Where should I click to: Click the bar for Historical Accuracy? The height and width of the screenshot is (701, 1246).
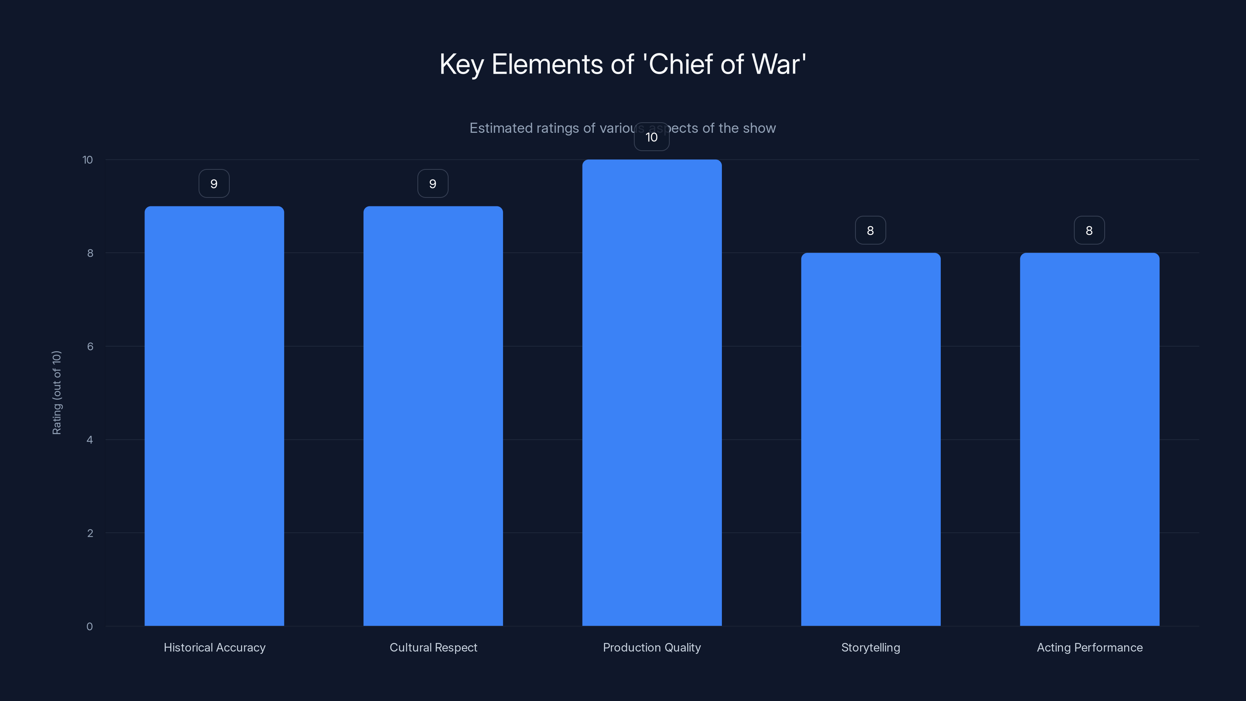pos(214,416)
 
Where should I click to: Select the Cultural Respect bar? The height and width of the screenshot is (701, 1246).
pos(433,416)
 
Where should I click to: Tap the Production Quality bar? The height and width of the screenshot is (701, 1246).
pos(651,392)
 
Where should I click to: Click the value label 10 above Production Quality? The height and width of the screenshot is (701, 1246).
pos(651,137)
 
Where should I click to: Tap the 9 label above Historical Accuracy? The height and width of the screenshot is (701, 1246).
pos(214,184)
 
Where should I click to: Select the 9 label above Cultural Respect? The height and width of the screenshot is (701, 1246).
pos(433,184)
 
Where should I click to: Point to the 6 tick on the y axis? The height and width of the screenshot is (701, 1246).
pos(90,346)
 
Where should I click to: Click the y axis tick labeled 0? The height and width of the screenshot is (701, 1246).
pos(90,627)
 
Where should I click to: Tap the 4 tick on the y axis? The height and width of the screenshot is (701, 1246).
pos(90,440)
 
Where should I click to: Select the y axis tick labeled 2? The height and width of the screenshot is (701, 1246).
pos(90,533)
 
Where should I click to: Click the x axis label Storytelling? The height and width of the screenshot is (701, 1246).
pos(870,647)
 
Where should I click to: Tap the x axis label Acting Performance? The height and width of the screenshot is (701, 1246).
pos(1089,647)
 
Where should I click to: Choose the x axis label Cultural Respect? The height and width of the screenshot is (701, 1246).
pos(433,647)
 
